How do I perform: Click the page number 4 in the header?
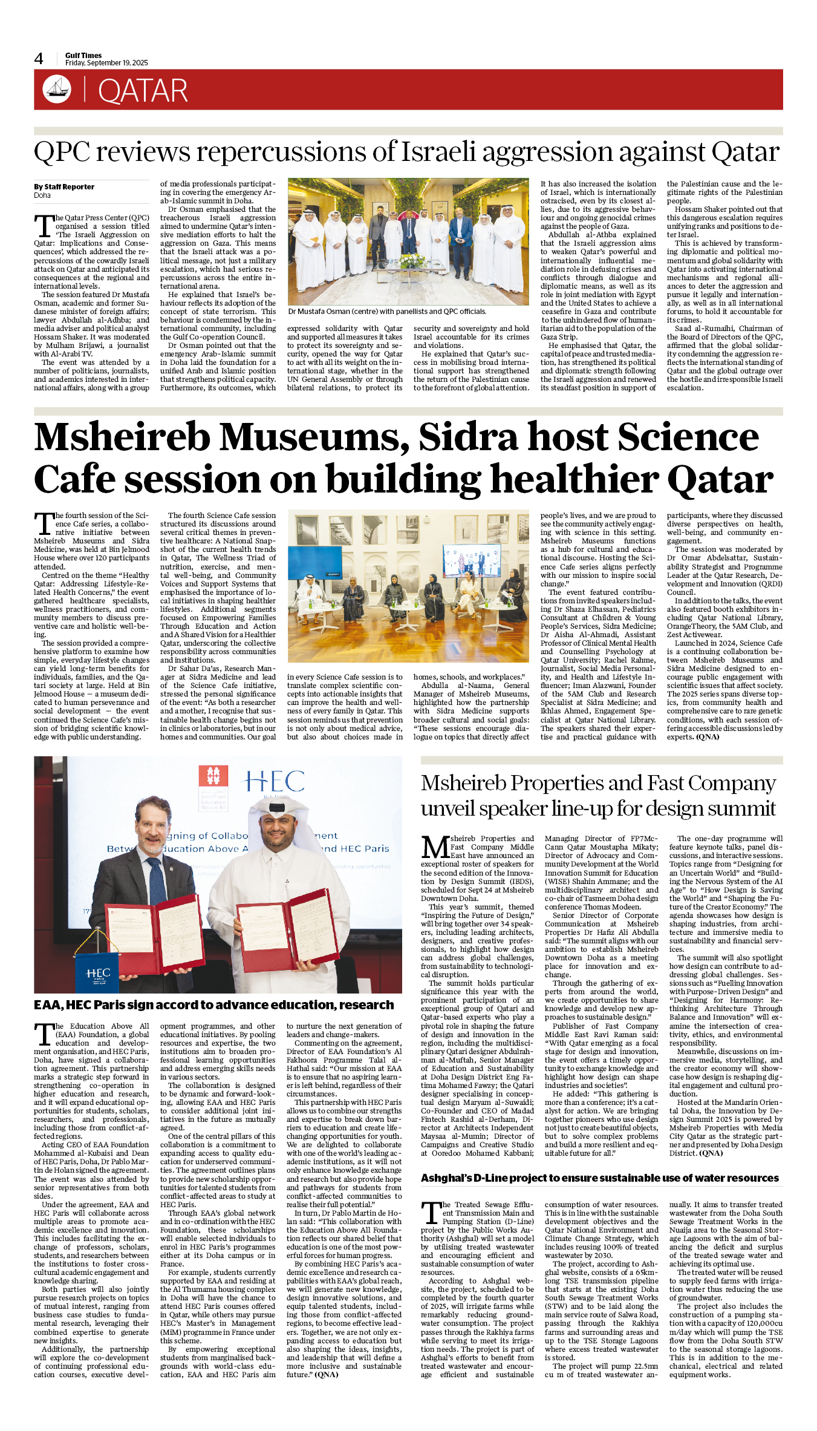(39, 59)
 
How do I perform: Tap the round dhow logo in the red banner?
(57, 89)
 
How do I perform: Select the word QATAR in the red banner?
(143, 91)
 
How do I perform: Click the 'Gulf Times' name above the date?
(83, 55)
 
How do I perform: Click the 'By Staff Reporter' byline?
(64, 187)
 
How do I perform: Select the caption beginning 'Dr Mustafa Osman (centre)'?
(386, 312)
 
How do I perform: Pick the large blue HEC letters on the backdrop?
(275, 781)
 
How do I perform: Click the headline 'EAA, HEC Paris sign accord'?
(213, 1005)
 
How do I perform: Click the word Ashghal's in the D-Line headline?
(449, 1178)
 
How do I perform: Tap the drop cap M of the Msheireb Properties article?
(435, 847)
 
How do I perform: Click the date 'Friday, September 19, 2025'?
(106, 63)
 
